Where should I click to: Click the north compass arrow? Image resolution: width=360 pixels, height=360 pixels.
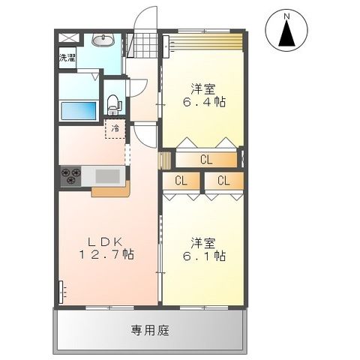286,31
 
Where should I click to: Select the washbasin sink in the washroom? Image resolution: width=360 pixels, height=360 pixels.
103,40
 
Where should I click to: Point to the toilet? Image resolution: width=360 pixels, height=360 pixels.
113,103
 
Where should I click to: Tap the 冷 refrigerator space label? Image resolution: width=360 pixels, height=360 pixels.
115,128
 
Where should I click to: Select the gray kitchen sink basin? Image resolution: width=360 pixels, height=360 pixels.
109,176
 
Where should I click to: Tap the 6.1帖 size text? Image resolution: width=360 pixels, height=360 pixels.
206,256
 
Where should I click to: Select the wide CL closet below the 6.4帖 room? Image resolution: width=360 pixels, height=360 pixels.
206,159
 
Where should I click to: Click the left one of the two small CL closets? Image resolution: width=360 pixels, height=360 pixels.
181,181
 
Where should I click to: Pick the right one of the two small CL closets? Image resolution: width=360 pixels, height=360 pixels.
223,181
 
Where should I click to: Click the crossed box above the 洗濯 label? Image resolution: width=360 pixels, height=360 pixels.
67,37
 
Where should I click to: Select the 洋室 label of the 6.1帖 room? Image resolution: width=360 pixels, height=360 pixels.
203,242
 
